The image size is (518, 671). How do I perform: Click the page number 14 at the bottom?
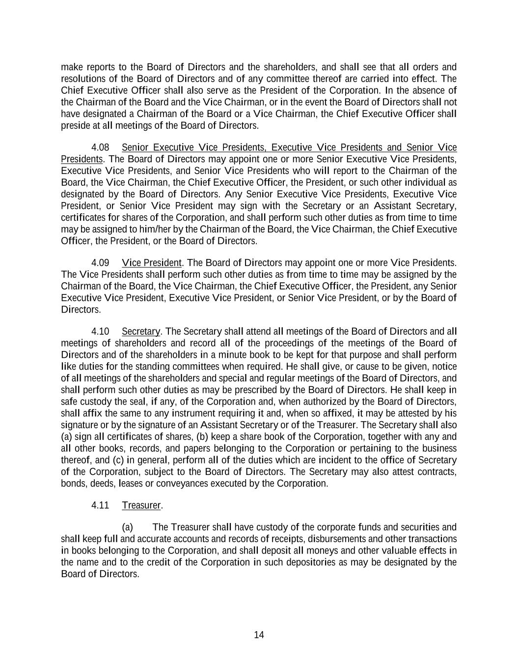point(259,635)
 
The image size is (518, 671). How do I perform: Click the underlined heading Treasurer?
point(141,505)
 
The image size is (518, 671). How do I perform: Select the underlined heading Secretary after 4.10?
point(141,331)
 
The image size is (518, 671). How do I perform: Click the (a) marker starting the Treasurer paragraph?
point(127,527)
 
